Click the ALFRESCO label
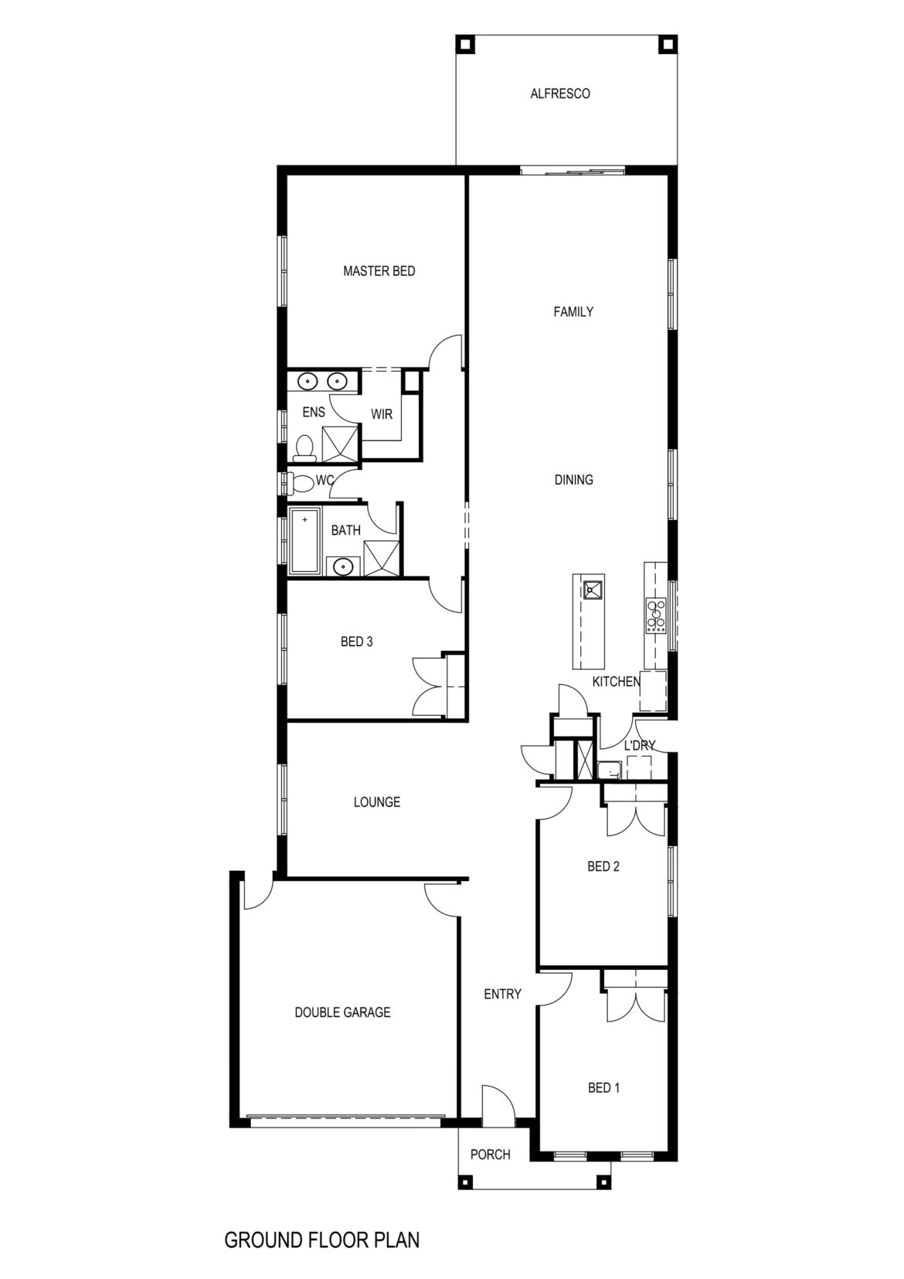[x=560, y=94]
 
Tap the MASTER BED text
[x=379, y=271]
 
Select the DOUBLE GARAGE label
[x=342, y=1013]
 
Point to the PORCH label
[x=490, y=1155]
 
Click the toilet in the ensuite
[x=304, y=448]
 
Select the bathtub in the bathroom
[x=304, y=541]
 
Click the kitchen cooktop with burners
[x=656, y=614]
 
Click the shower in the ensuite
[x=340, y=444]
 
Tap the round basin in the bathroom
[x=343, y=567]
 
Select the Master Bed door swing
[x=444, y=352]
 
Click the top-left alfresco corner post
[x=465, y=43]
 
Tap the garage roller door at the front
[x=347, y=1115]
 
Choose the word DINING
[x=573, y=480]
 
